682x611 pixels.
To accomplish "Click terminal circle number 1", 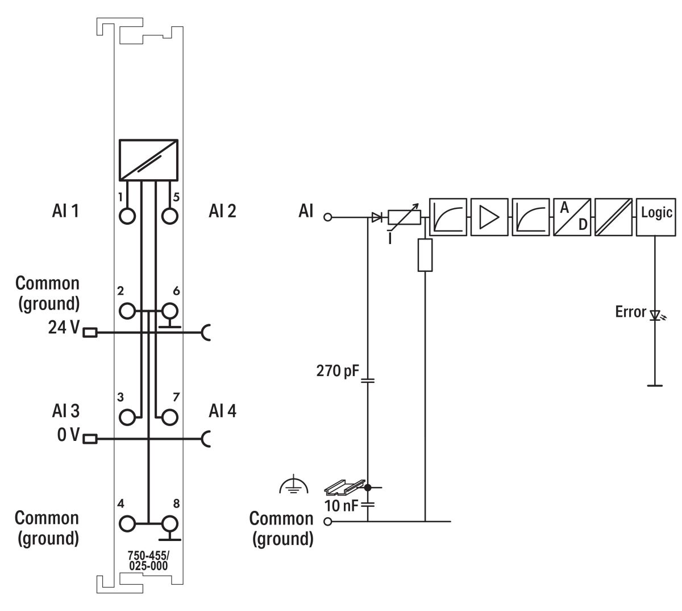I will tap(128, 217).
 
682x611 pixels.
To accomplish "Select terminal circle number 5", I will tap(169, 217).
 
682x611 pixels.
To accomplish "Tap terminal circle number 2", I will tap(128, 311).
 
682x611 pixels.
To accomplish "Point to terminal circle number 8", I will tap(169, 523).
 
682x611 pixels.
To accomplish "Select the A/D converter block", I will tap(572, 217).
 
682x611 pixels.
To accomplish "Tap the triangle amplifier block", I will tap(489, 217).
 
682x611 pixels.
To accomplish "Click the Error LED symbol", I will tap(656, 314).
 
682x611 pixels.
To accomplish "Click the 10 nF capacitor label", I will tap(341, 503).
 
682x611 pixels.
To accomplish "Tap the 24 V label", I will tap(64, 329).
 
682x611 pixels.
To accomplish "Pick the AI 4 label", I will tap(223, 410).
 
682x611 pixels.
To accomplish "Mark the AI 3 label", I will tap(63, 410).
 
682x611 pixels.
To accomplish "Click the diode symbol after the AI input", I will tap(376, 217).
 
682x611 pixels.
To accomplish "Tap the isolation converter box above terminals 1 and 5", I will tap(148, 160).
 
